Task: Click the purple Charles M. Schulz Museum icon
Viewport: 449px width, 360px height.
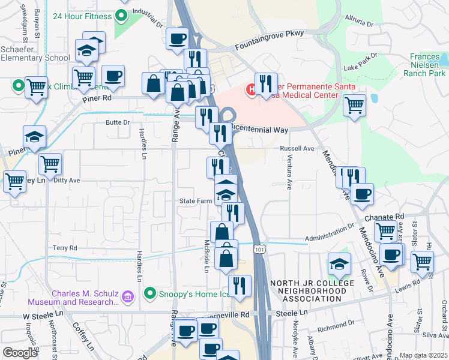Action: tap(127, 296)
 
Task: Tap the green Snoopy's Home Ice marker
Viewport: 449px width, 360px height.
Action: tap(150, 293)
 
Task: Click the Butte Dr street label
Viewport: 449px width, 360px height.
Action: tap(118, 122)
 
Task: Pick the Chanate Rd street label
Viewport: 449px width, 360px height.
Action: tap(391, 216)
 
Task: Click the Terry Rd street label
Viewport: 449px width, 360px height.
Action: tap(65, 248)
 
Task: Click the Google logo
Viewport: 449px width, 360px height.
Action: tap(20, 353)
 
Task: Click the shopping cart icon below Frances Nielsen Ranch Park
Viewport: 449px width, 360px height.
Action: tap(355, 106)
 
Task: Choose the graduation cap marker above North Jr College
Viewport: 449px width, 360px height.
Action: tap(339, 263)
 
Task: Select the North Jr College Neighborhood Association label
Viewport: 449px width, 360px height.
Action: tap(308, 290)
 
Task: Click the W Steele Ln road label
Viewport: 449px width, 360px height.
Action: tap(43, 316)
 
